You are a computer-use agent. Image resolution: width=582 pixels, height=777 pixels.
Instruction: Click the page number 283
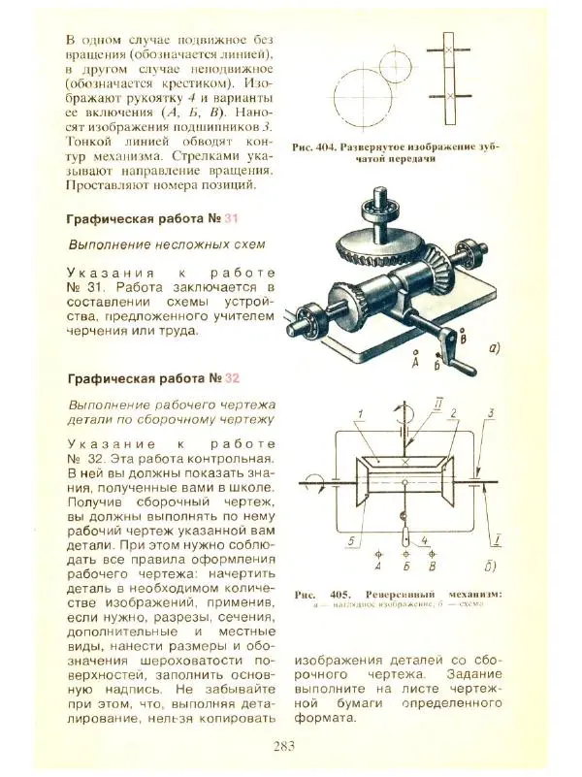click(x=284, y=745)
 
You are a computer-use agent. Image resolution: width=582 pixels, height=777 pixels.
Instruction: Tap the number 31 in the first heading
click(x=231, y=218)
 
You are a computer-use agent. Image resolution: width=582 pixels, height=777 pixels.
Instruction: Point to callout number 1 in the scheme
click(x=360, y=412)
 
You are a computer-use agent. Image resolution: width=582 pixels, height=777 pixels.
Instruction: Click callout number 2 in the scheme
click(x=452, y=412)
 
